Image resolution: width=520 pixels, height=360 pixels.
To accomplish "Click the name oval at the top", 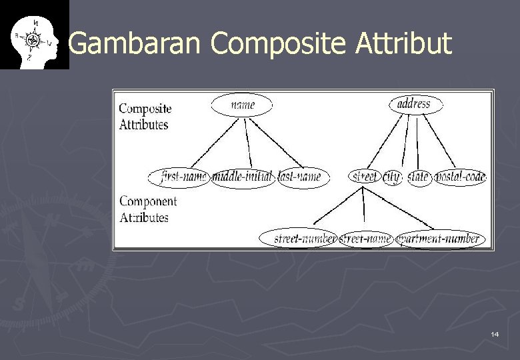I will coord(242,105).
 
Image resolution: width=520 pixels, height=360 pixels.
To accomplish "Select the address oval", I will coord(413,104).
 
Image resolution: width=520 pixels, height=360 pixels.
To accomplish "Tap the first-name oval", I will coord(181,177).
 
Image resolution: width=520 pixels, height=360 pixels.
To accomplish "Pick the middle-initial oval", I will coord(243,177).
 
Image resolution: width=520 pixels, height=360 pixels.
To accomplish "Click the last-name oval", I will coord(303,177).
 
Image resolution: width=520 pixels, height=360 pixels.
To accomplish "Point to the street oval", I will coord(364,177).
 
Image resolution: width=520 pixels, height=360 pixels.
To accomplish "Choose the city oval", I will coord(391,177).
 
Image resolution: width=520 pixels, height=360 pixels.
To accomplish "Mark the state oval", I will coord(419,177).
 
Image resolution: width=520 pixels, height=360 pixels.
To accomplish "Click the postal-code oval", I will coord(461,177).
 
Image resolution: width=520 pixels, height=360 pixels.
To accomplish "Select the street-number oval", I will coord(298,239).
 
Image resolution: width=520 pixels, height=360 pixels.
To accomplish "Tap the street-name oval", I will coord(365,239).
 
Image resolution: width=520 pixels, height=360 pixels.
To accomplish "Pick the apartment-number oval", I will coord(440,239).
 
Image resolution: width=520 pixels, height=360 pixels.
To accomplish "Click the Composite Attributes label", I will coord(145,117).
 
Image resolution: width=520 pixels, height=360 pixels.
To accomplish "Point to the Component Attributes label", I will coord(147,209).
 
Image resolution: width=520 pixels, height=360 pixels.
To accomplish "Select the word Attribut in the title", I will coord(403,44).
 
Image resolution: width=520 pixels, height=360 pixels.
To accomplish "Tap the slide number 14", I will coord(494,333).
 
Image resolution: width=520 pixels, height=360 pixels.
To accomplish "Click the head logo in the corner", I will coord(34,34).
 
